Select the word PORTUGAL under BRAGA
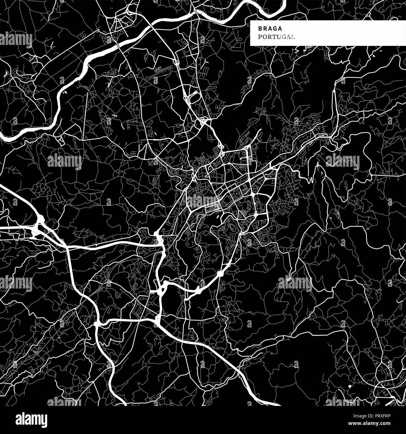click(276, 37)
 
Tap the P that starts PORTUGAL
click(260, 37)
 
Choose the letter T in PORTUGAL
click(274, 37)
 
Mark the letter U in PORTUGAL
click(279, 37)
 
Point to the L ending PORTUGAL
click(293, 37)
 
